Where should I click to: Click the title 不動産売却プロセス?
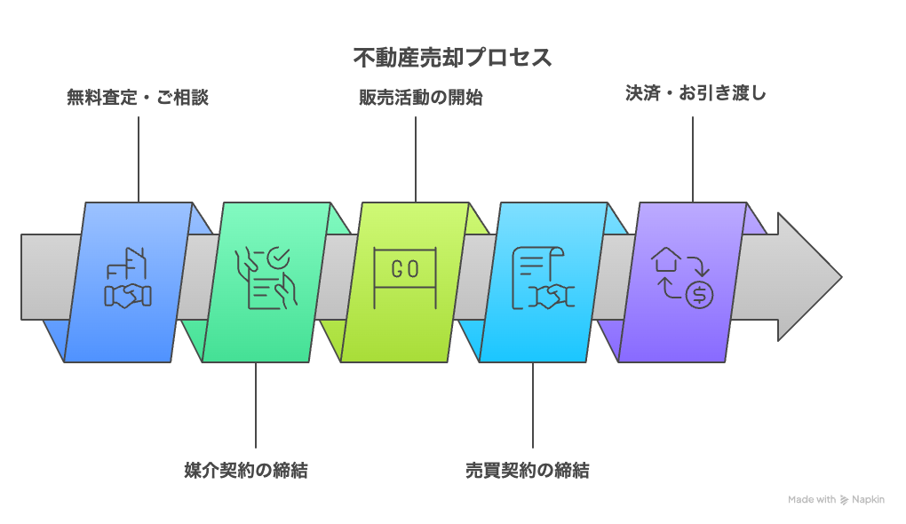452,59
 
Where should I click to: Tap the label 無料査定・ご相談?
138,97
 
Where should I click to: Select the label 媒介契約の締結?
245,470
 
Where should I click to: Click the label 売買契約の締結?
527,470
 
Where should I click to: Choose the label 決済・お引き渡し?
695,93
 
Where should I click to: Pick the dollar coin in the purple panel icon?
699,294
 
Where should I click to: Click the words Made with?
811,500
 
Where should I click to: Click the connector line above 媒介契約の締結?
256,405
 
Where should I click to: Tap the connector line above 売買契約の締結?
533,405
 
